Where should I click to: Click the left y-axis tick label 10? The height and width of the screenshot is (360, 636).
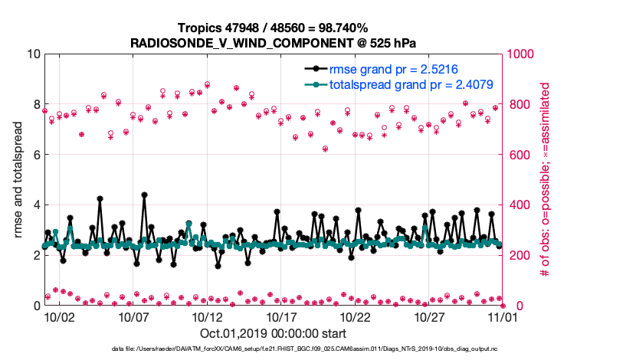[x=31, y=54]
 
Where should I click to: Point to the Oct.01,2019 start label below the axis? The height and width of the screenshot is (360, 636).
[x=273, y=334]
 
